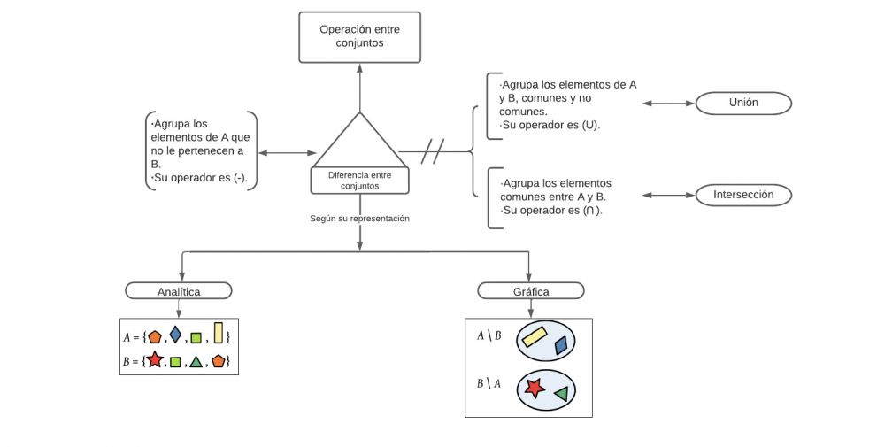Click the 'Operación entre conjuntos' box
coord(359,36)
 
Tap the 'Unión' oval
coord(743,103)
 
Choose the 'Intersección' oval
coord(743,195)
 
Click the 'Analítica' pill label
coord(179,290)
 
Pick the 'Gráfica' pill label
coord(530,290)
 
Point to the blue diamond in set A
coord(175,335)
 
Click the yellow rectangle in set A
coord(218,334)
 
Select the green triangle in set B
coord(196,361)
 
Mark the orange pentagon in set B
coord(218,360)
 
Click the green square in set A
coord(196,337)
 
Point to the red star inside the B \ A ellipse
coord(533,388)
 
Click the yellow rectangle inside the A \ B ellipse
coord(536,336)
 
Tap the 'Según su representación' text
coord(359,218)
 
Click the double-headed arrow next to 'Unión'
coord(668,104)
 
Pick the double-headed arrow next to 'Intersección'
coord(670,195)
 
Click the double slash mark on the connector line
coord(433,151)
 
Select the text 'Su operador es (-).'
coord(200,178)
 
